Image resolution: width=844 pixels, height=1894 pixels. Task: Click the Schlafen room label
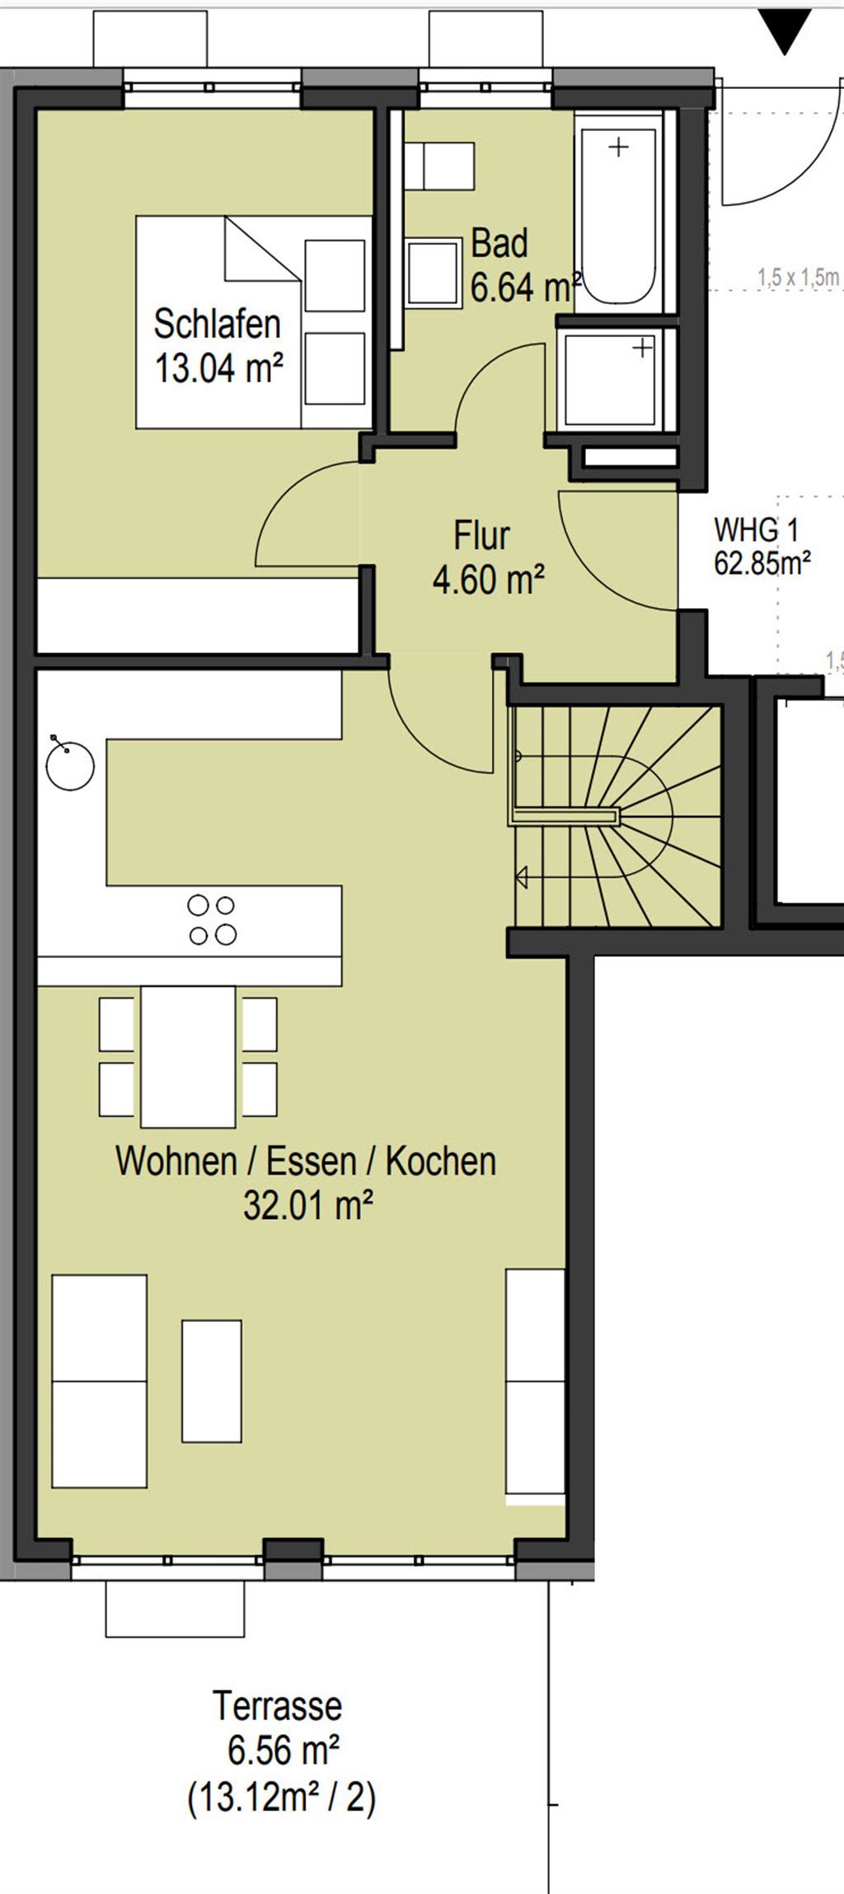point(218,324)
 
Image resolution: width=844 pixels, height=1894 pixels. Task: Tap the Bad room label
point(499,244)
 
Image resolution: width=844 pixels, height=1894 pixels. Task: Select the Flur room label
point(481,536)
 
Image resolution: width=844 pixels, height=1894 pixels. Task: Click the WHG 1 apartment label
point(756,529)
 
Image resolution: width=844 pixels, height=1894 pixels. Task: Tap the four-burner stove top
point(212,920)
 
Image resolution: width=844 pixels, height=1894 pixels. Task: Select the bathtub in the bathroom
point(618,213)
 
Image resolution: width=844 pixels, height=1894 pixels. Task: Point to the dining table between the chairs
point(188,1057)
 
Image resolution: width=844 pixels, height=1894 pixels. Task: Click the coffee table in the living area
point(212,1381)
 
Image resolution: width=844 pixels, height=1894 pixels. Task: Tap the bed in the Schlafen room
point(254,322)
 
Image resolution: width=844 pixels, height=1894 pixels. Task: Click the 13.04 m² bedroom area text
point(220,368)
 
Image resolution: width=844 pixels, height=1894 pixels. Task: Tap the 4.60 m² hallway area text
point(489,579)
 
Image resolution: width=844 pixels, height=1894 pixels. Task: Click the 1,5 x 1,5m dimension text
point(798,278)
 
